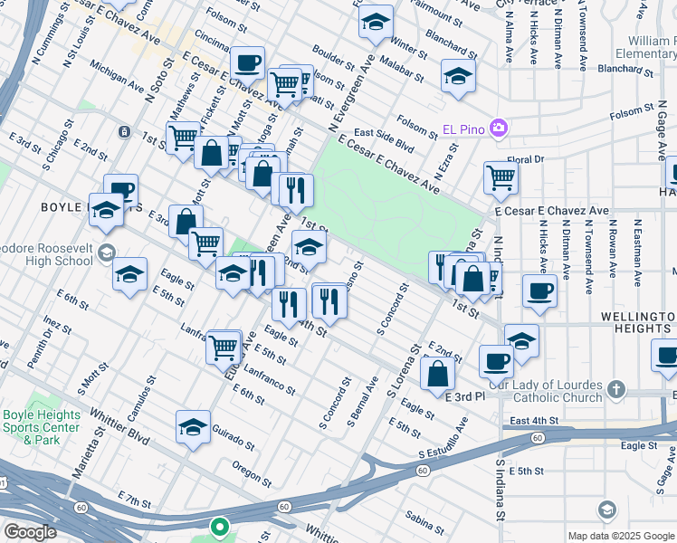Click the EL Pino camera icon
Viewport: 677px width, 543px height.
tap(498, 129)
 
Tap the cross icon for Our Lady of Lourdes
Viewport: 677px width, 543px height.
tap(615, 389)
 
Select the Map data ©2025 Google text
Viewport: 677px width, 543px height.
tap(620, 536)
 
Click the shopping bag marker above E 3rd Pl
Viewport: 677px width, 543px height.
tap(437, 371)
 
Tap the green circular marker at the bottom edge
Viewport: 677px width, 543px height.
tap(218, 525)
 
